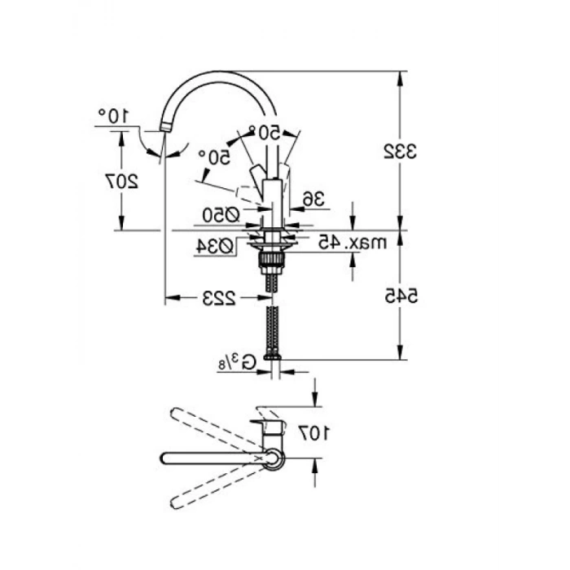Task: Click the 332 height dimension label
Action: [x=401, y=151]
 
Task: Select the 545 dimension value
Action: [x=401, y=296]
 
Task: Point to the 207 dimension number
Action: [x=122, y=181]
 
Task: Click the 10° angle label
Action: [x=113, y=116]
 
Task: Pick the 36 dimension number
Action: [x=313, y=199]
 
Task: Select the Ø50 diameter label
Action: [x=221, y=216]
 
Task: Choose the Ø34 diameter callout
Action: [x=214, y=247]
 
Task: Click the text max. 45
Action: [x=353, y=242]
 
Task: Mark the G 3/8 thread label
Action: [x=237, y=362]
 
